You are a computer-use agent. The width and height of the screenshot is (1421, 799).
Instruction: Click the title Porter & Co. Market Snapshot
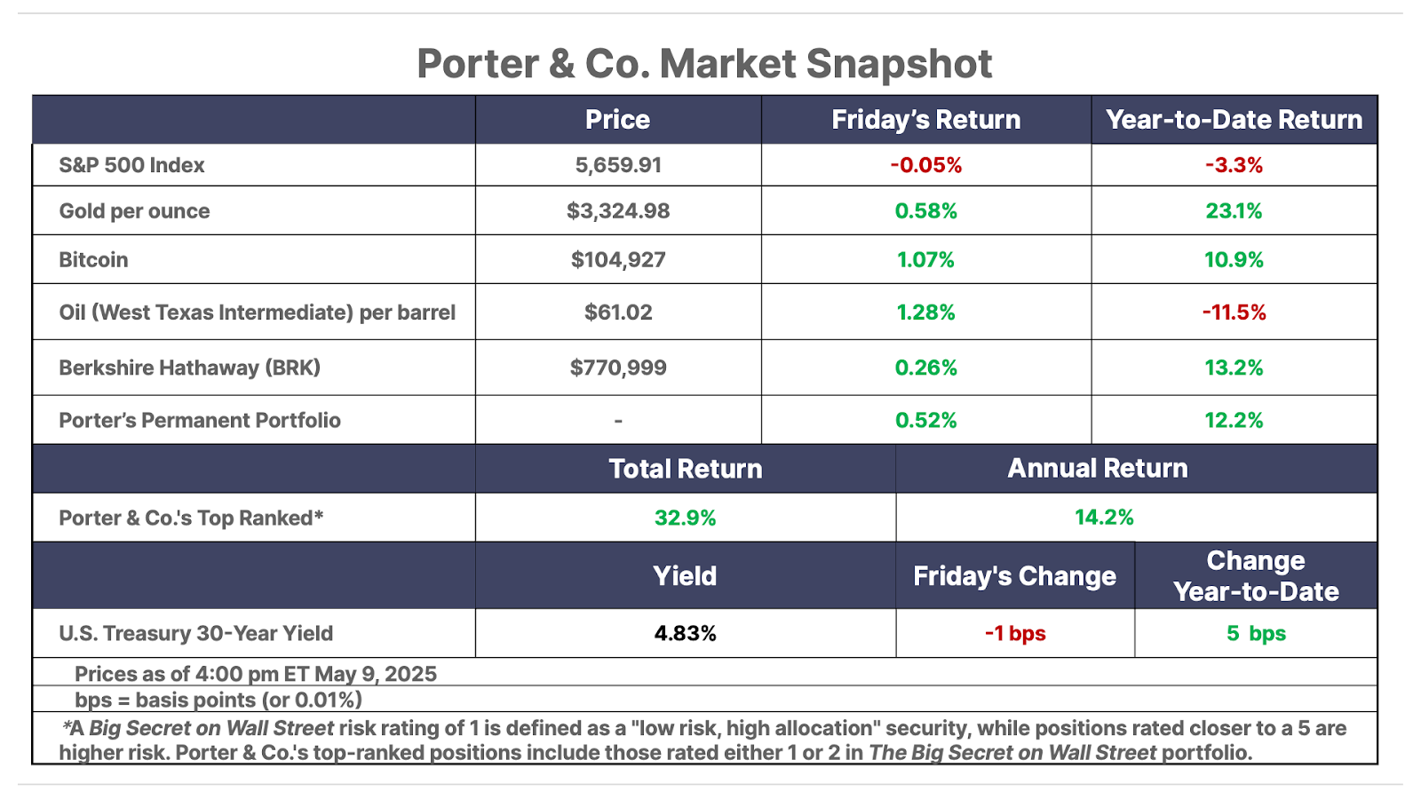click(x=704, y=64)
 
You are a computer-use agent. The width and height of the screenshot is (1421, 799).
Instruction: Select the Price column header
click(x=617, y=120)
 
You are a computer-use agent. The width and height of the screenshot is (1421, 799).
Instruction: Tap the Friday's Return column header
click(x=925, y=120)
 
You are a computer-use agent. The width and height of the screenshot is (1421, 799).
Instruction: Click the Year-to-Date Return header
click(x=1234, y=120)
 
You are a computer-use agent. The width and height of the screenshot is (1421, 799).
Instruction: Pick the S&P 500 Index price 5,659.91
click(x=618, y=165)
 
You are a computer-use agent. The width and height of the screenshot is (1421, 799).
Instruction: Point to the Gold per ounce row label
click(x=134, y=211)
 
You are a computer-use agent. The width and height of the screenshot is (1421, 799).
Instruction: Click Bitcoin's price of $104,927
click(x=618, y=260)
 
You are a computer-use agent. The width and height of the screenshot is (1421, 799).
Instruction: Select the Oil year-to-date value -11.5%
click(x=1234, y=312)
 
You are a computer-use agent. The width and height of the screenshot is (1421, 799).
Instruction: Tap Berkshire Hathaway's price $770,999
click(x=618, y=368)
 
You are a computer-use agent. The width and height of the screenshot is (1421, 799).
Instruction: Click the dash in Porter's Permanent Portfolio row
click(x=618, y=421)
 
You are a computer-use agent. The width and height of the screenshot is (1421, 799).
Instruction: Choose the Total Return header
click(x=685, y=469)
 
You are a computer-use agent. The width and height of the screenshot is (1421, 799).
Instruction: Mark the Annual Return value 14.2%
click(x=1104, y=518)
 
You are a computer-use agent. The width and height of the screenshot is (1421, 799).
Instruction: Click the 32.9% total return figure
click(x=685, y=518)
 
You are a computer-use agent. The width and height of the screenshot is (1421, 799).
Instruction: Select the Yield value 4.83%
click(x=685, y=634)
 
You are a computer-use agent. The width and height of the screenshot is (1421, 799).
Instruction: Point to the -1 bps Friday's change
click(x=1015, y=634)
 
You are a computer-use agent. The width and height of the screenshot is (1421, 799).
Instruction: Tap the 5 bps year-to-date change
click(x=1256, y=634)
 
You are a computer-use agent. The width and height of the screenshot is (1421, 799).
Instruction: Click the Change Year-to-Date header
click(x=1256, y=576)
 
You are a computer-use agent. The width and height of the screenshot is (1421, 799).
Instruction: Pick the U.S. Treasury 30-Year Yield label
click(x=195, y=634)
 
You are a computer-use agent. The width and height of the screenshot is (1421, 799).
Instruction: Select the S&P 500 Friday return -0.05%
click(x=925, y=165)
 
